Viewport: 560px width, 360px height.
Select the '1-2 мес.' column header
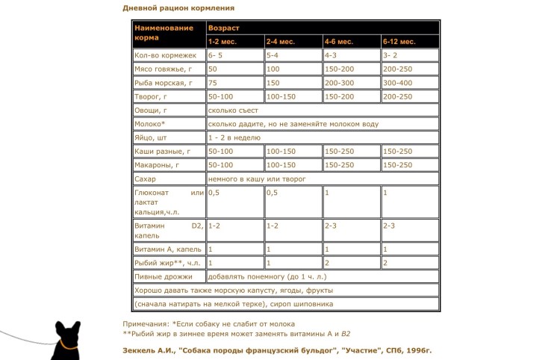pyautogui.click(x=223, y=40)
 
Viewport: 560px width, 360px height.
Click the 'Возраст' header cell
pyautogui.click(x=223, y=27)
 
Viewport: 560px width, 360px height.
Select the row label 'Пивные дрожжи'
pyautogui.click(x=158, y=276)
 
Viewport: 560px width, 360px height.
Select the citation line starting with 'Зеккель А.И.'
pyautogui.click(x=277, y=350)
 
